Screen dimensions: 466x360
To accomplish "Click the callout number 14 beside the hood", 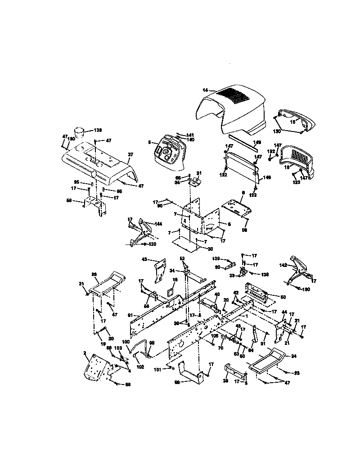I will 205,90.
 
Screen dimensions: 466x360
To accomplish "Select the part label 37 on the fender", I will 131,154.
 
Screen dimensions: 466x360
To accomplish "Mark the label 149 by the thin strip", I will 256,143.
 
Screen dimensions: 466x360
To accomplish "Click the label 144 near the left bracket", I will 158,223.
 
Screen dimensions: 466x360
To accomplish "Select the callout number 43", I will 144,259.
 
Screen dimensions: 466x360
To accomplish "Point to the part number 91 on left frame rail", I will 130,315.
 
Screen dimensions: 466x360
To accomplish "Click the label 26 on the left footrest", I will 94,274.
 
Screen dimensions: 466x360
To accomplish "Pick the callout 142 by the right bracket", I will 283,265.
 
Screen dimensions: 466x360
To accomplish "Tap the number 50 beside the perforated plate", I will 283,298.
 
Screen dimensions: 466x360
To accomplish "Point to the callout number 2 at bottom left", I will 85,354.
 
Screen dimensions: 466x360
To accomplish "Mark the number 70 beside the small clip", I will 221,348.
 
